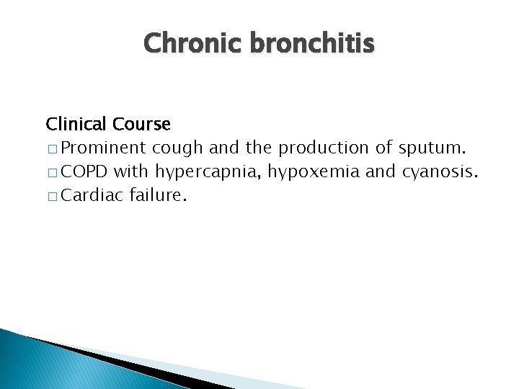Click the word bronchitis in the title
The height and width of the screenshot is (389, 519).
coord(312,45)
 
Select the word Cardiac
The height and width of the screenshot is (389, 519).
coord(93,195)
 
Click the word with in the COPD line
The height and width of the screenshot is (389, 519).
coord(130,171)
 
